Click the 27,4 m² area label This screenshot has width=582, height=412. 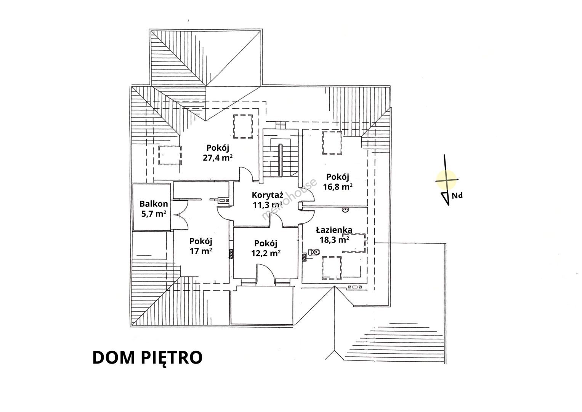pos(218,158)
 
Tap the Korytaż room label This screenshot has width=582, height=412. pos(268,195)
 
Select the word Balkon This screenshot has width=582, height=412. pos(154,204)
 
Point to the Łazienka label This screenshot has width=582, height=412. pos(334,230)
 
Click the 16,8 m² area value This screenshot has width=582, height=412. pos(338,187)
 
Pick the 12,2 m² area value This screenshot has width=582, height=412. pos(266,253)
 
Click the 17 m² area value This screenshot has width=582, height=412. pos(200,251)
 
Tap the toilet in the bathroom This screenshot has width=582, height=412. pos(314,252)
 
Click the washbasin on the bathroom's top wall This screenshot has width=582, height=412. pos(345,210)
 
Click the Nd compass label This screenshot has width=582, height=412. pos(457,196)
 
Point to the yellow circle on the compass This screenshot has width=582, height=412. pos(446,179)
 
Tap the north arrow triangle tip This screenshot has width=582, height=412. pos(449,205)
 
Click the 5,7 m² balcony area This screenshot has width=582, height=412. pos(154,214)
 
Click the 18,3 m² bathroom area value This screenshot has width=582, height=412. pos(334,240)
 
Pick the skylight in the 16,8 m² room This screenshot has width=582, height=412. pos(332,143)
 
